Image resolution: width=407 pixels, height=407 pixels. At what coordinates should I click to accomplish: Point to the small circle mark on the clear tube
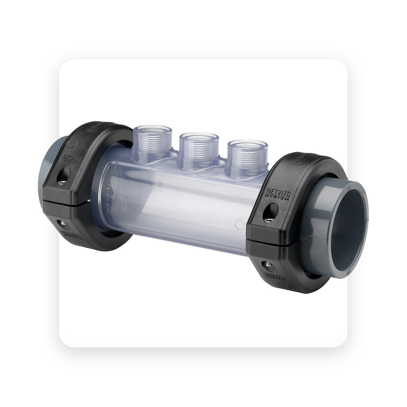238,225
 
